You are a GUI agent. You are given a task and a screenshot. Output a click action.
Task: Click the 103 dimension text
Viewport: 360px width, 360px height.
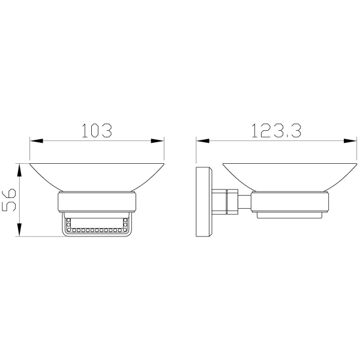tap(97, 130)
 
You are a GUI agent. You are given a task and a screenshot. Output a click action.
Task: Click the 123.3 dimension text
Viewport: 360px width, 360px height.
tap(277, 130)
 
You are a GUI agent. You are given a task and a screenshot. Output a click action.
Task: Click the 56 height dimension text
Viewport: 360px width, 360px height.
tap(9, 200)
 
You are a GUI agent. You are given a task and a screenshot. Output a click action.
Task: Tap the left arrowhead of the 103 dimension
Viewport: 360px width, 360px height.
tap(36, 141)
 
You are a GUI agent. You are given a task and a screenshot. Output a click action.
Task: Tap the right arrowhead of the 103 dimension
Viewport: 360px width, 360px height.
tap(157, 141)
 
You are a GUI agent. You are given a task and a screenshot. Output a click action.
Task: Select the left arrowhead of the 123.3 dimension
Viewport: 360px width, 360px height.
tap(203, 141)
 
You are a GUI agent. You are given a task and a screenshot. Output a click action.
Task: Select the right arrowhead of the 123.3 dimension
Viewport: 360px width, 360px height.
tap(350, 141)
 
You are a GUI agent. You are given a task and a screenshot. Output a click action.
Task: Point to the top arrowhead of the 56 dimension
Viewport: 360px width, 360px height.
tap(20, 170)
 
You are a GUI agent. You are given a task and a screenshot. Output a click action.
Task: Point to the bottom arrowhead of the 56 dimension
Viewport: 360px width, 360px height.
tap(20, 230)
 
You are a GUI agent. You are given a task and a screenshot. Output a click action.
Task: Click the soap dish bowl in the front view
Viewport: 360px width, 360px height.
tap(97, 177)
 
